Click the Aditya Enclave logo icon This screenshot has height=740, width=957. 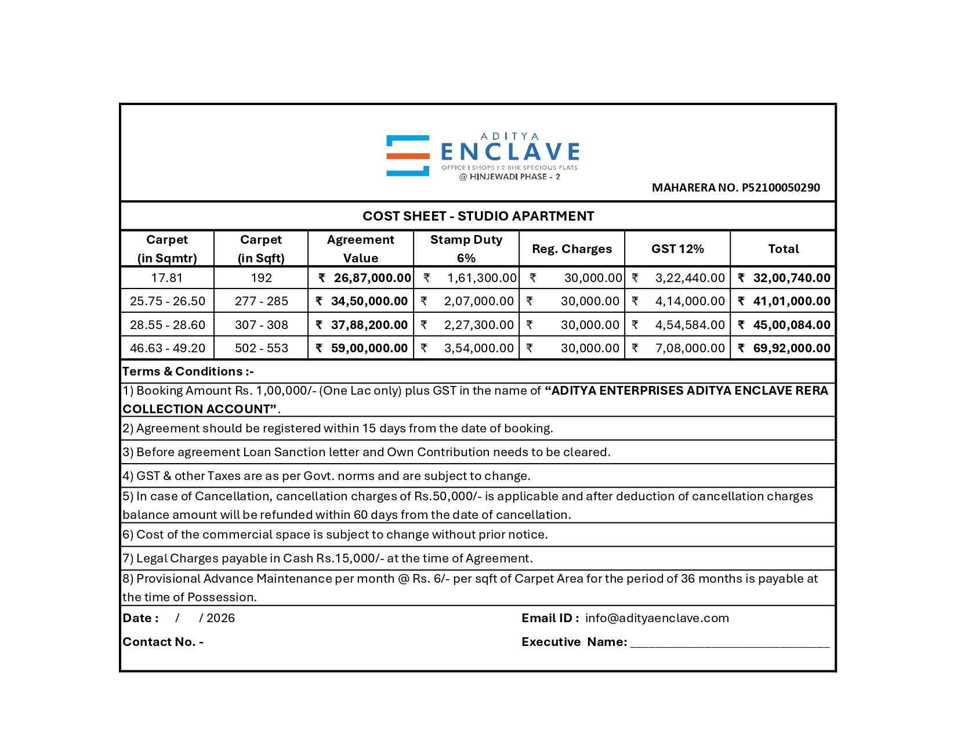coord(408,156)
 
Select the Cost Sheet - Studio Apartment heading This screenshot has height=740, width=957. coord(478,216)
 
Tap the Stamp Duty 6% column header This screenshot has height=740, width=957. coord(466,248)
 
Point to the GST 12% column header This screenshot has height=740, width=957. coord(677,248)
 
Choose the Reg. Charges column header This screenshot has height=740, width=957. coord(571,248)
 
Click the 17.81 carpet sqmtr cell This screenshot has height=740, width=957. coord(167,278)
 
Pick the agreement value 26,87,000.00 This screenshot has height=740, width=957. coord(372,278)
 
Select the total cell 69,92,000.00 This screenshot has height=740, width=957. coord(791,348)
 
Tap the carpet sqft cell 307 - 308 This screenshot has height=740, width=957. coord(261,325)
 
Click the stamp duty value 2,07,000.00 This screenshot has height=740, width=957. coord(478,301)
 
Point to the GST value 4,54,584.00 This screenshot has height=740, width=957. coord(690,325)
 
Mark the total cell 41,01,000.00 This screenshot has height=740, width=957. coord(791,301)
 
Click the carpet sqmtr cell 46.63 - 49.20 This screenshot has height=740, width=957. coord(167,348)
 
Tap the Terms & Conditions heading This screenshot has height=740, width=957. coord(188,371)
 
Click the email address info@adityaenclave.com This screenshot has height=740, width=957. coord(657,618)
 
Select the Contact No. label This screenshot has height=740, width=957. coord(162,642)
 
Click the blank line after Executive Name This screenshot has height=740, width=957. coord(730,643)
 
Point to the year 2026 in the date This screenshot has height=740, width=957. coord(220,618)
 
